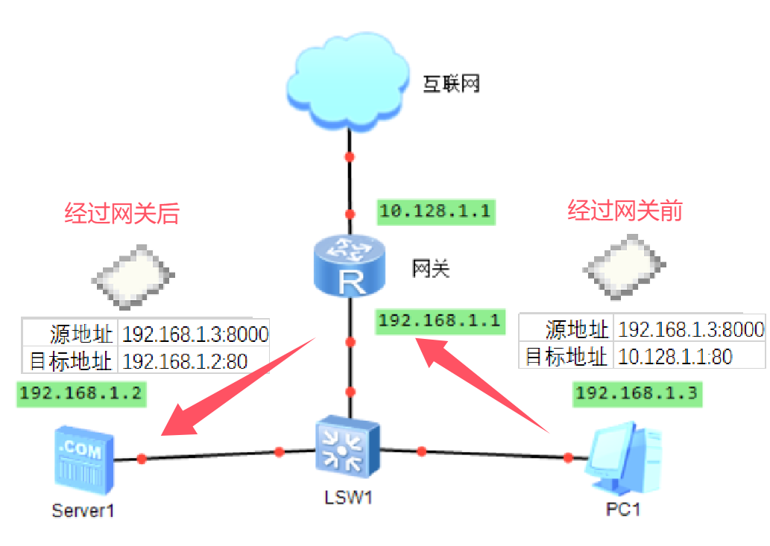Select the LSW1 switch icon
(347, 448)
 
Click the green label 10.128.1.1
(436, 211)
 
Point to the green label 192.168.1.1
(438, 320)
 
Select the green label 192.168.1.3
(637, 393)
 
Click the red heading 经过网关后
(122, 214)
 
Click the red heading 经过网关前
(625, 211)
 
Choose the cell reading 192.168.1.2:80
(185, 361)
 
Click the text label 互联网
(451, 83)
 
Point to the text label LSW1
(348, 496)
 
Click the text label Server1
(83, 510)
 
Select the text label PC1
(623, 510)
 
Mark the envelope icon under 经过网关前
(623, 265)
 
